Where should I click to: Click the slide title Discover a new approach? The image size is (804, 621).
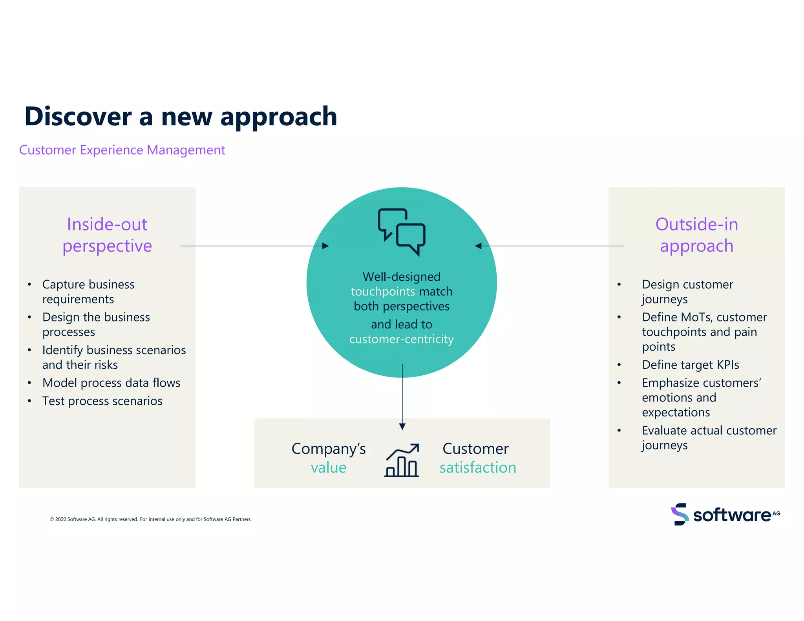coord(181,117)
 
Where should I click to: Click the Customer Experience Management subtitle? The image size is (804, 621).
coord(122,150)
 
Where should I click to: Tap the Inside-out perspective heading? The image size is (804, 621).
coord(107,235)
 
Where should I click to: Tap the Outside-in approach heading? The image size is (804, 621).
coord(696,235)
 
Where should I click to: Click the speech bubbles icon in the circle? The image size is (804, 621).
coord(402,232)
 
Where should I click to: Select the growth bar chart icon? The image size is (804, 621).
coord(402,460)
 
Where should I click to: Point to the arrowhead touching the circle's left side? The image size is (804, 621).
coord(325,246)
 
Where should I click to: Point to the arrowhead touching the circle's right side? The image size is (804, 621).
coord(478,246)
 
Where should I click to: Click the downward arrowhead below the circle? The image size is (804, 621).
coord(402,426)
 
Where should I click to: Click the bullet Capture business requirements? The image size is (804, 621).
coord(88,292)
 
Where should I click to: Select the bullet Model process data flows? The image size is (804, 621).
coord(111,383)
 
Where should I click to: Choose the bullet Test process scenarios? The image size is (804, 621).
coord(102,401)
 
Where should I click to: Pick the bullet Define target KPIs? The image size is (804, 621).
coord(690,365)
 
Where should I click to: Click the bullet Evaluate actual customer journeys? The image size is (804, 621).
coord(709,438)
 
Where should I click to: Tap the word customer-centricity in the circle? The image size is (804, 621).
coord(402,339)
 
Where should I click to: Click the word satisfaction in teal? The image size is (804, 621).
coord(478,468)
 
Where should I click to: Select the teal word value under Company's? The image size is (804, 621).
coord(329,468)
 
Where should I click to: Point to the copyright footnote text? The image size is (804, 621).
coord(150,519)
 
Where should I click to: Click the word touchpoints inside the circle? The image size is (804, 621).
coord(382,292)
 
